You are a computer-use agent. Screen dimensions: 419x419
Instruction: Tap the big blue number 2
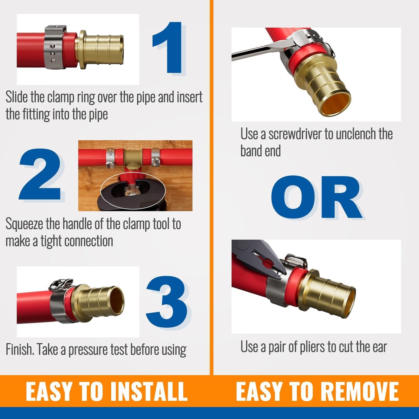40,174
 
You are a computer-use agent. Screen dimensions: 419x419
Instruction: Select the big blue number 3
167,302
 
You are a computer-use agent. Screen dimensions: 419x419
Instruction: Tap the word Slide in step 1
17,97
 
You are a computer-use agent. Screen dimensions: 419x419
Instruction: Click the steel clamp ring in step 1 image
55,47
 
